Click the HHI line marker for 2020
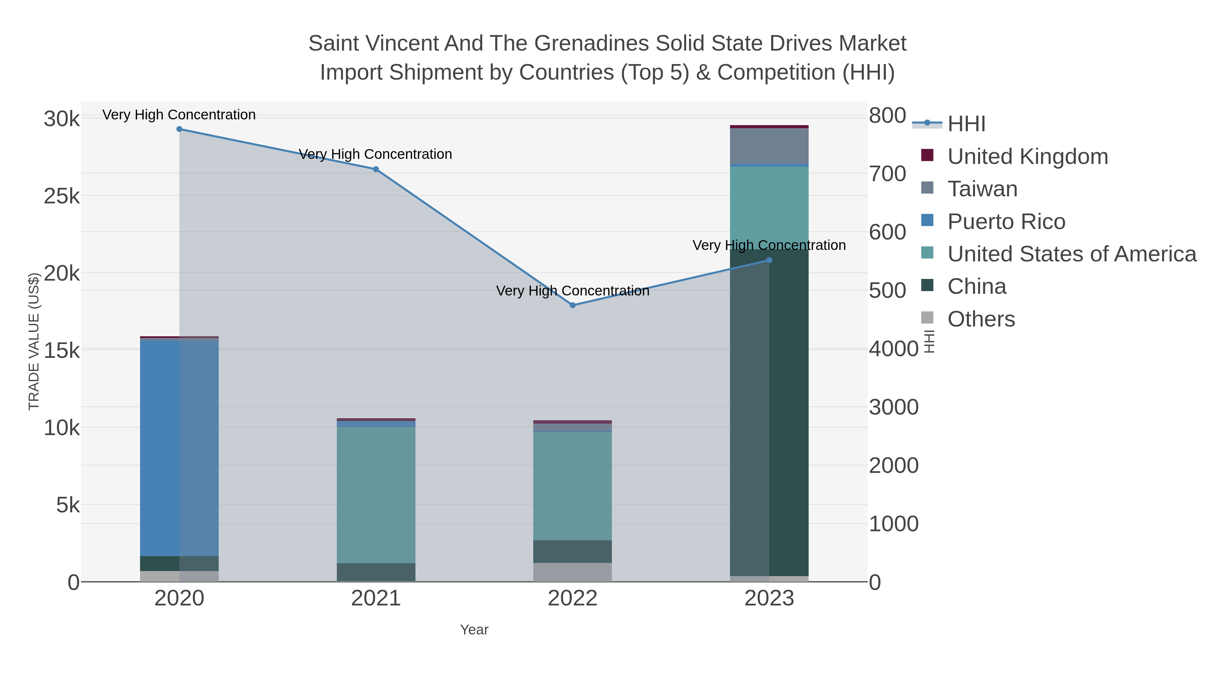pos(179,129)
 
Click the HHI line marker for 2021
pos(376,169)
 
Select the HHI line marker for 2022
pos(573,306)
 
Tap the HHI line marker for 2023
pos(769,260)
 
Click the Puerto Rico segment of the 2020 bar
pos(179,448)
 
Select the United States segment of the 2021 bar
pos(376,495)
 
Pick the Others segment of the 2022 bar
pos(573,572)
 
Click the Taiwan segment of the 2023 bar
pos(769,146)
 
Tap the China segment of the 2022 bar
pos(573,551)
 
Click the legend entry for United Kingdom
pos(1027,156)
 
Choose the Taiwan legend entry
pos(982,189)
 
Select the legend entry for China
pos(976,287)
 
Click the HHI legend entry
pos(966,124)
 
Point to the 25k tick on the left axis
pos(62,196)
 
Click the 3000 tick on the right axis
pos(893,407)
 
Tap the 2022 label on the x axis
pos(573,599)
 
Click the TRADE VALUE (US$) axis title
pos(34,341)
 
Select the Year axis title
pos(474,630)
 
